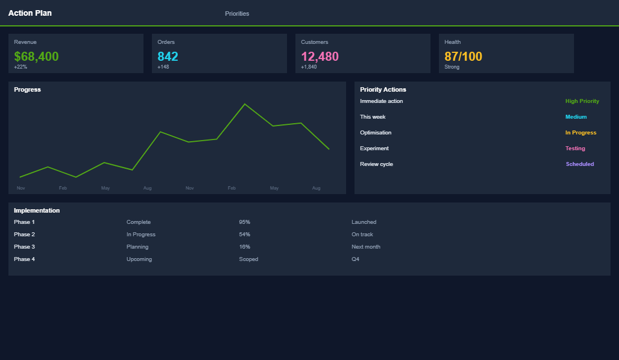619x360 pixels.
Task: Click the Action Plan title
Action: pos(30,13)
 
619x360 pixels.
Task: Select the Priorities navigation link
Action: pos(237,13)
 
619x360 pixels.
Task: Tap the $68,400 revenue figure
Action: pos(36,56)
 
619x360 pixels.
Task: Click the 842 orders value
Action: pos(168,56)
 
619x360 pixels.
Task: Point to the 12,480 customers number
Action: pos(320,56)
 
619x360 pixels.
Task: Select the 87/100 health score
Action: pos(463,56)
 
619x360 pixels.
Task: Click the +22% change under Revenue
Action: pos(20,67)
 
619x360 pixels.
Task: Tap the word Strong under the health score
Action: pos(452,67)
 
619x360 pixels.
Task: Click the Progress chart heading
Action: pos(27,89)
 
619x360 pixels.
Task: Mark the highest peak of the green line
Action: pos(245,104)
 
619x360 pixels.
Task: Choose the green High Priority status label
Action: pos(582,101)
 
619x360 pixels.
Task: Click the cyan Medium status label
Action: pos(576,117)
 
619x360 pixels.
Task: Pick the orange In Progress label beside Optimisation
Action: pos(580,133)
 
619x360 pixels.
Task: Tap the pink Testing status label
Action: pos(575,148)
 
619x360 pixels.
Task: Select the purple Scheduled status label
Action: pos(580,164)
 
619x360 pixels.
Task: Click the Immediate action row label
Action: pos(381,101)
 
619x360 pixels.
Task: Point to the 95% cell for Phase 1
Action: pos(244,222)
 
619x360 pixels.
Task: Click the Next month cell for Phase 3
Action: pos(366,247)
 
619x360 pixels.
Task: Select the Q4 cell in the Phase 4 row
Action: pos(355,259)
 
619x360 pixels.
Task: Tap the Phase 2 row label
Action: pos(24,235)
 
